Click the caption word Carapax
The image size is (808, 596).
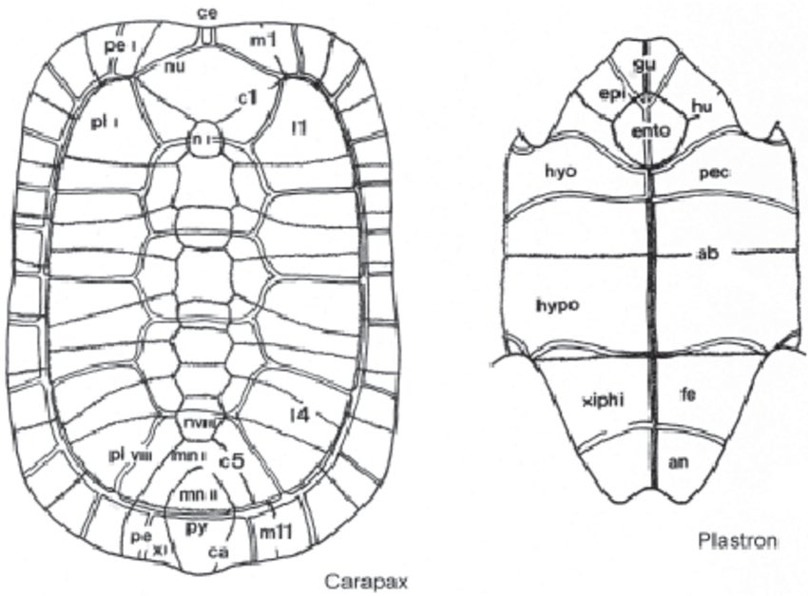coord(366,580)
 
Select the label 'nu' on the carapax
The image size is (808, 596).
coord(173,66)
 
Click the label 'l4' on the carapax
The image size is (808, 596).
coord(304,412)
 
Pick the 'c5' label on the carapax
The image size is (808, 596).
coord(233,461)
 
